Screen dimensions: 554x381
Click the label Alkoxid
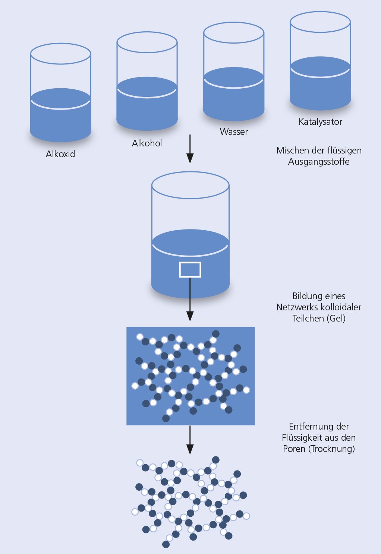pyautogui.click(x=60, y=154)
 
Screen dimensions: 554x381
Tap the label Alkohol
pyautogui.click(x=147, y=143)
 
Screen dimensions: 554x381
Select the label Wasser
pyautogui.click(x=234, y=132)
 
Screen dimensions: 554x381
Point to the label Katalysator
pyautogui.click(x=320, y=121)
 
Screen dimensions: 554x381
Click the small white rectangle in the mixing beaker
pyautogui.click(x=190, y=269)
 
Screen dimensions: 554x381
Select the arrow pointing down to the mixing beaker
pyautogui.click(x=190, y=149)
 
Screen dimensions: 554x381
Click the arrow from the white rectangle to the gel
pyautogui.click(x=190, y=300)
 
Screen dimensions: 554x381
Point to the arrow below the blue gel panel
pyautogui.click(x=190, y=440)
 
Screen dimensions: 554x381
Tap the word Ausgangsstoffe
pyautogui.click(x=319, y=161)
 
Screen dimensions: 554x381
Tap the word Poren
pyautogui.click(x=294, y=449)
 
